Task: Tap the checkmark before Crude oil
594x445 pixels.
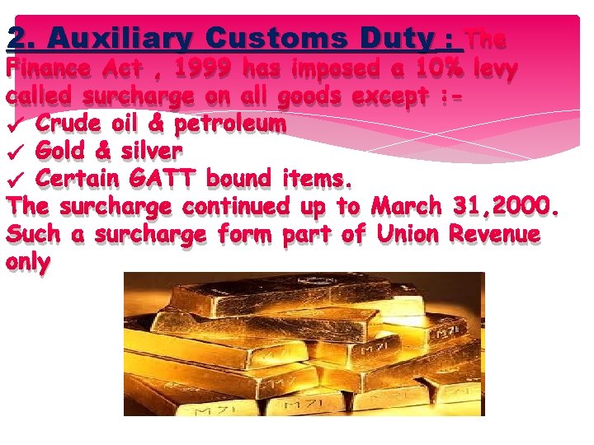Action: pyautogui.click(x=15, y=125)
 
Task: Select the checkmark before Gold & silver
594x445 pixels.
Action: pyautogui.click(x=15, y=152)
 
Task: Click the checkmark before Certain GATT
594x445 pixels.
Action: pyautogui.click(x=15, y=180)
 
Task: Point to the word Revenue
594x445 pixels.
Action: pyautogui.click(x=495, y=234)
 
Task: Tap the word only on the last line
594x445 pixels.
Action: pyautogui.click(x=28, y=262)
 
